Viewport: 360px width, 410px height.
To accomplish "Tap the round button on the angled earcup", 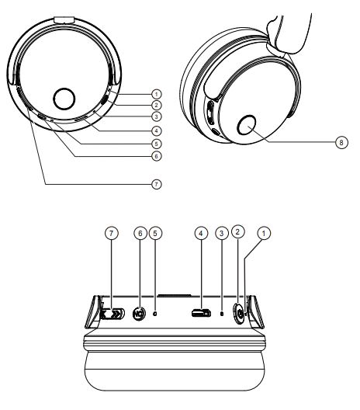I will point(251,123).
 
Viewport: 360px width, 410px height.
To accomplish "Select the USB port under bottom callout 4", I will point(201,314).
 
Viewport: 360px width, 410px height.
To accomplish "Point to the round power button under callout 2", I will point(239,314).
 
